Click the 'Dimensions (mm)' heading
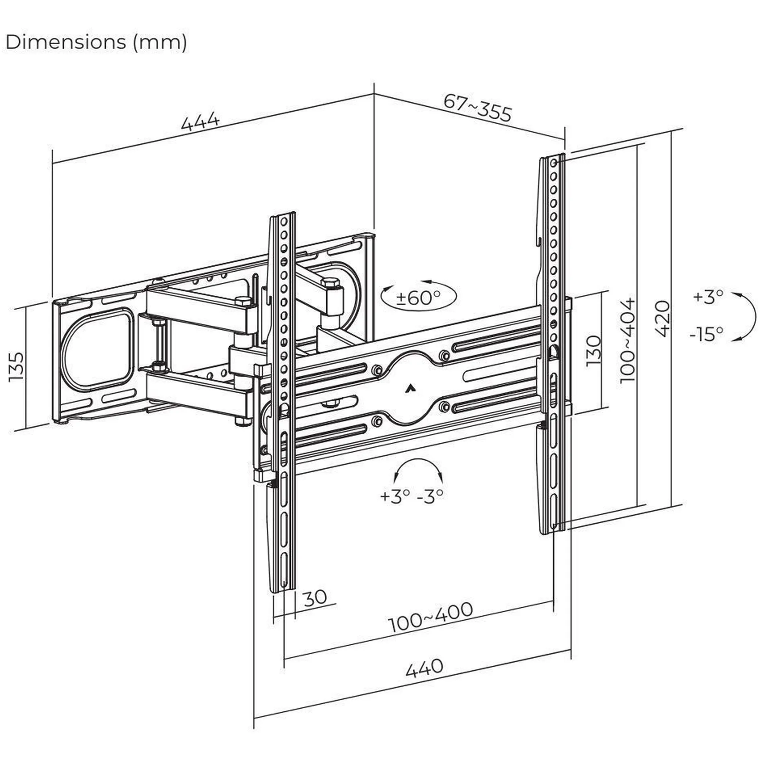(97, 42)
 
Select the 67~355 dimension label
(478, 108)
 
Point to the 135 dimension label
(16, 367)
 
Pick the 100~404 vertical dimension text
(627, 340)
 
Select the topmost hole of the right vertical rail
(554, 163)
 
